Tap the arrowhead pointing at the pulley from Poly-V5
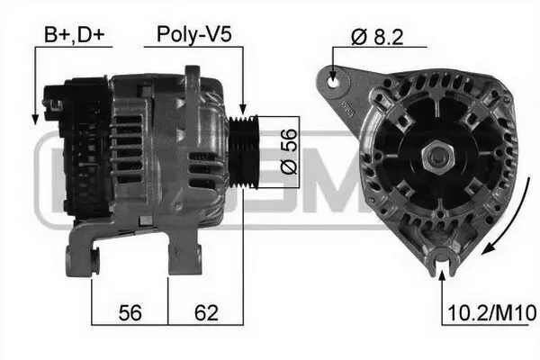244,110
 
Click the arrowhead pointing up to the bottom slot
441,271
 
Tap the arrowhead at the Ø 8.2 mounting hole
335,76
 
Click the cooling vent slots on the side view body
130,148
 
